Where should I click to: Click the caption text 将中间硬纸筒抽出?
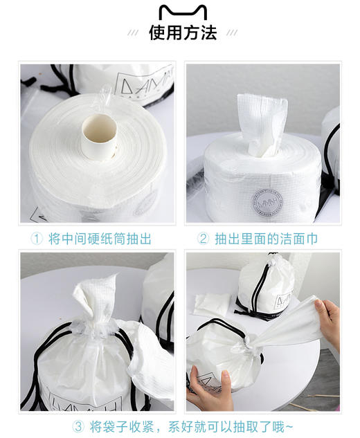100,239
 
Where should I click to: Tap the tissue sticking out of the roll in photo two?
262,125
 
